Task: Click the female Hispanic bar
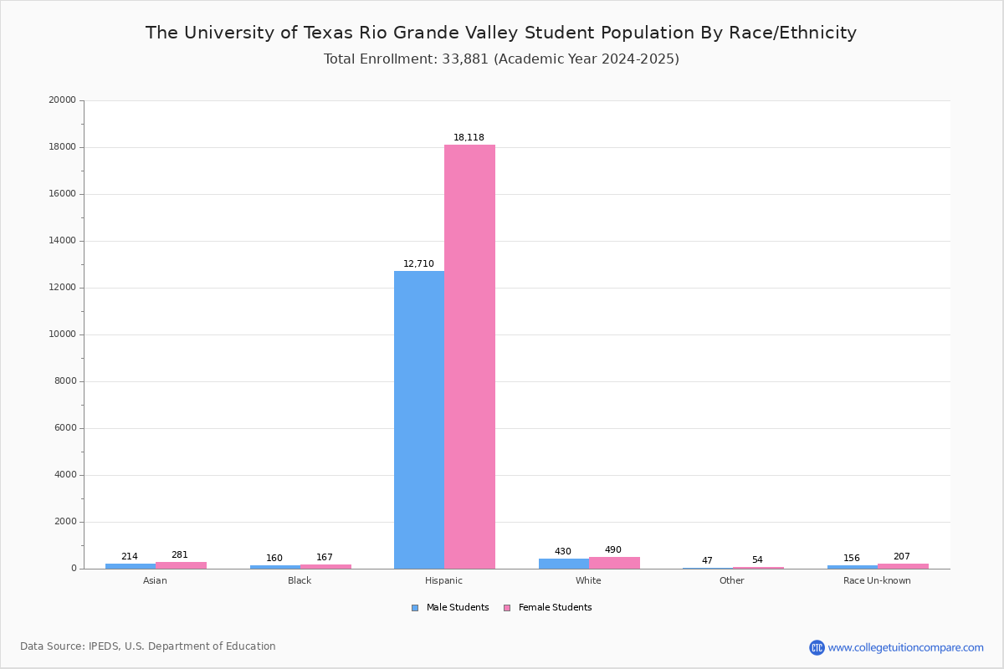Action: pos(469,356)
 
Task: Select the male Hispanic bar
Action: pos(419,420)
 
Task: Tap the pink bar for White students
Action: pos(614,563)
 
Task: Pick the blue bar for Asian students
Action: pos(131,566)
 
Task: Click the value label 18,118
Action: pos(469,138)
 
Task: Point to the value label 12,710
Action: pos(418,264)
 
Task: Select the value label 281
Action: pos(180,555)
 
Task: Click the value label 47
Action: pos(707,561)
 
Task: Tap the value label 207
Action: pos(901,557)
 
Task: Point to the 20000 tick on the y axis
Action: pos(64,100)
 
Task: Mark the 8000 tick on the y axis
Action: pos(66,381)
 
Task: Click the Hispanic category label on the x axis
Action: pos(443,581)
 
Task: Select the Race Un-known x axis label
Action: pos(877,581)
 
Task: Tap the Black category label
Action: pos(300,581)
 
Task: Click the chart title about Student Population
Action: pos(501,33)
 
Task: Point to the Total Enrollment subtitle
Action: pos(501,59)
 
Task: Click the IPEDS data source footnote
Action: pos(148,646)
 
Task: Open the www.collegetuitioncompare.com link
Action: pos(905,647)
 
